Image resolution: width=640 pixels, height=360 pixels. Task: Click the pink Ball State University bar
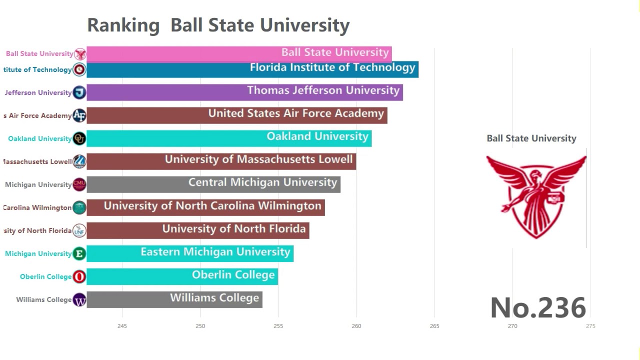pos(239,53)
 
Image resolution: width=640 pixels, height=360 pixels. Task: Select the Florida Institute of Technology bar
pos(252,69)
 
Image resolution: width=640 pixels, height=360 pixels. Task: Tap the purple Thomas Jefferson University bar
pos(244,92)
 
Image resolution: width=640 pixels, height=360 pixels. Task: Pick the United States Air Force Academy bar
pos(237,115)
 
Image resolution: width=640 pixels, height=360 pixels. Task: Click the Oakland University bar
pos(229,138)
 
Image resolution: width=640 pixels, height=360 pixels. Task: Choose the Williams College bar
pos(174,299)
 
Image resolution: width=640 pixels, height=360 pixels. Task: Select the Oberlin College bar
pos(182,276)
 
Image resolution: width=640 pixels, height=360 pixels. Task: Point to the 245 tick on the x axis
pos(122,326)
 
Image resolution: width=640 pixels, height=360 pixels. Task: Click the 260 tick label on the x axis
pos(356,326)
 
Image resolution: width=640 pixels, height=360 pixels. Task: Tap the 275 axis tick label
pos(590,326)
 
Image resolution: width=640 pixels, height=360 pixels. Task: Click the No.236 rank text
pos(538,307)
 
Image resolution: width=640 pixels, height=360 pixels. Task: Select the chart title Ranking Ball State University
pos(218,25)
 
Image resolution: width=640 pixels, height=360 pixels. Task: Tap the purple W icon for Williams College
pos(79,300)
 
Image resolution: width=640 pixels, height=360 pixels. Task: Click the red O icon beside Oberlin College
pos(79,276)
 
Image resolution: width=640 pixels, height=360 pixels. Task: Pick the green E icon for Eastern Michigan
pos(79,253)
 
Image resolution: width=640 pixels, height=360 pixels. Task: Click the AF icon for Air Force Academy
pos(79,115)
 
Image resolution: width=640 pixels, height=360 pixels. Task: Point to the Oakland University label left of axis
pos(39,138)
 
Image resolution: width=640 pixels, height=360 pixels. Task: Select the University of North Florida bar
pos(198,230)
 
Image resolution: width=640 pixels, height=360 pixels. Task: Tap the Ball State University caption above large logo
pos(531,138)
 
